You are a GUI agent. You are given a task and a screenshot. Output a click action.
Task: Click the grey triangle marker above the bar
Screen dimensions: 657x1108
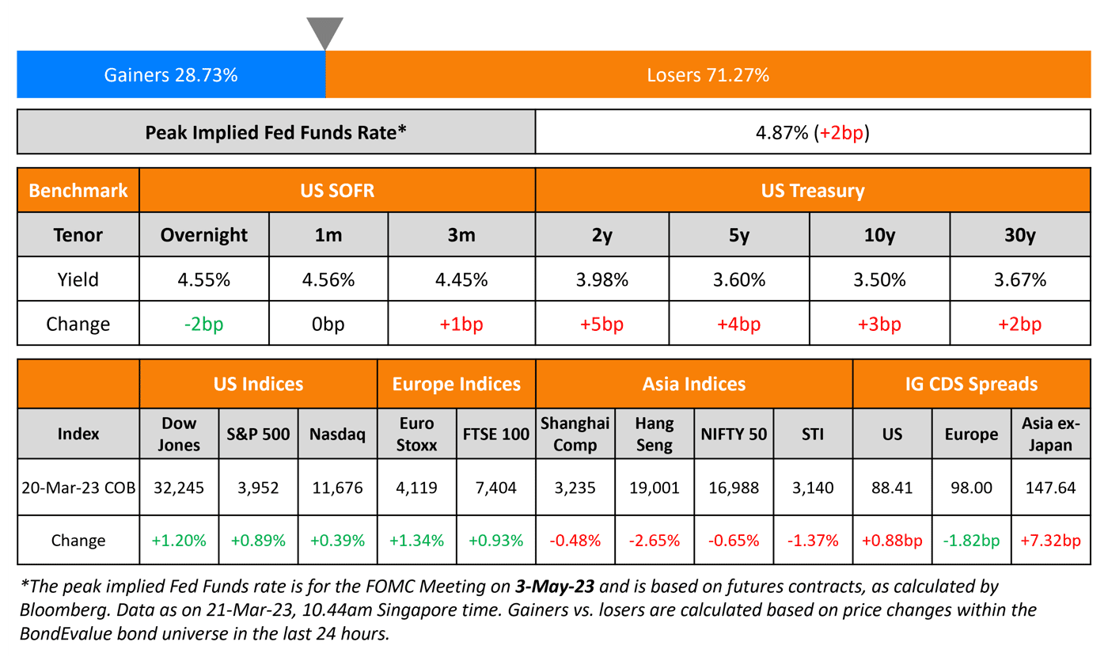pyautogui.click(x=325, y=32)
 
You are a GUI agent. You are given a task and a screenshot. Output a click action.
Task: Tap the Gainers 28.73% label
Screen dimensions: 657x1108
pyautogui.click(x=171, y=75)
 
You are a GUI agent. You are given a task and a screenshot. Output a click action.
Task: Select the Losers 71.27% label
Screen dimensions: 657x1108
pyautogui.click(x=708, y=75)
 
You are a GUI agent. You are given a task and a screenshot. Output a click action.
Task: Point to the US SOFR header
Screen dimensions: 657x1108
pyautogui.click(x=337, y=190)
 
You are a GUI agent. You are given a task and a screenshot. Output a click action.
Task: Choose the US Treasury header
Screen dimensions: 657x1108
pyautogui.click(x=813, y=190)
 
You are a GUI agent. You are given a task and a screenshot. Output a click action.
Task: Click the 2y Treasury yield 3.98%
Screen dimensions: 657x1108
pyautogui.click(x=602, y=279)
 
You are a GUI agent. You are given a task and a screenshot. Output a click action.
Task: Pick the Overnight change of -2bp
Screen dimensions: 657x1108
pyautogui.click(x=203, y=324)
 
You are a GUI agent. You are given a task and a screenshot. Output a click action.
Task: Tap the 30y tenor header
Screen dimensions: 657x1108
pyautogui.click(x=1020, y=235)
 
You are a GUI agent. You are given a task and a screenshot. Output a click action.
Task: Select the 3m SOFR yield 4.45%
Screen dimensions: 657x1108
pyautogui.click(x=461, y=279)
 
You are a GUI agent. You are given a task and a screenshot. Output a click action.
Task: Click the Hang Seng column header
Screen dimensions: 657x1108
pyautogui.click(x=654, y=434)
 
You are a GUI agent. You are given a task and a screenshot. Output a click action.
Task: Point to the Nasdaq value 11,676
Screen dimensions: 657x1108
pyautogui.click(x=337, y=488)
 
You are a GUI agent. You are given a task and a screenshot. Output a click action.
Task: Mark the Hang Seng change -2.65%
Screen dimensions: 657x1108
pyautogui.click(x=654, y=541)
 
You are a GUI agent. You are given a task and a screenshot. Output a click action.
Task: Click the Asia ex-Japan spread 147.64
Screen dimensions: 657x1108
pyautogui.click(x=1050, y=488)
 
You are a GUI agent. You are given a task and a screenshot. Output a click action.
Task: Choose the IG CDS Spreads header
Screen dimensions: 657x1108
pyautogui.click(x=971, y=385)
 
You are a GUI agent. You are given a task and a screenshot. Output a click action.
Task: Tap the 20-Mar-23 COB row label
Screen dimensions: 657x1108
pyautogui.click(x=78, y=488)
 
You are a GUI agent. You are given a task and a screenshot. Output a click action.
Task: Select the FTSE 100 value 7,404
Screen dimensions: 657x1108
pyautogui.click(x=496, y=488)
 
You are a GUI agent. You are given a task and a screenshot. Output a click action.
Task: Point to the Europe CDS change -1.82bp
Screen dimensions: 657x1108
pyautogui.click(x=971, y=541)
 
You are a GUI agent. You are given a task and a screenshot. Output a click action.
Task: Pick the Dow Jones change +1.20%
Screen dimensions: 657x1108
pyautogui.click(x=179, y=541)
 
